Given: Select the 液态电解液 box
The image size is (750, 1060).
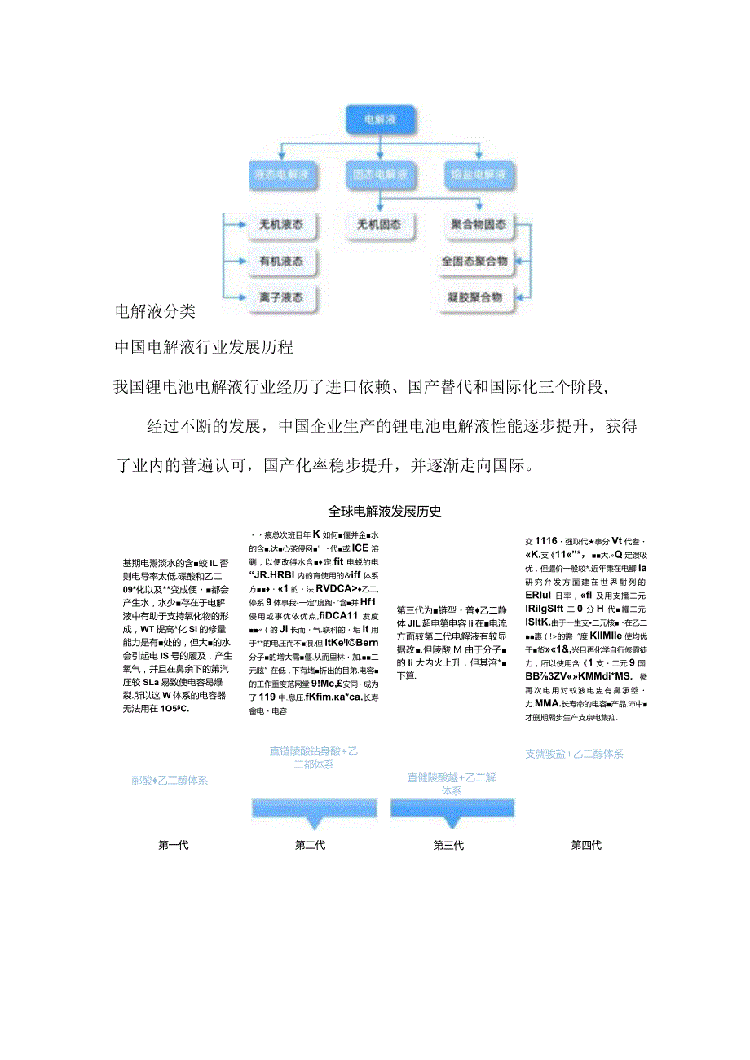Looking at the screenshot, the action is click(x=281, y=174).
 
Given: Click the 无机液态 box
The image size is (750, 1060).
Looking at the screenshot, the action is click(x=281, y=225).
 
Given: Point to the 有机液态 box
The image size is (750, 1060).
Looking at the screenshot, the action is click(x=281, y=262).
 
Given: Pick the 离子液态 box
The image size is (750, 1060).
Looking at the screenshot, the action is click(x=281, y=298).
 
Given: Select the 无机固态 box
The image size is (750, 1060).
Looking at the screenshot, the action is click(x=379, y=225).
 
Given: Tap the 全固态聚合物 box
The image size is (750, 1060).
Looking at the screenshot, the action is click(x=474, y=262).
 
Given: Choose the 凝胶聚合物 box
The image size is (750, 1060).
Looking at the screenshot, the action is click(x=474, y=298).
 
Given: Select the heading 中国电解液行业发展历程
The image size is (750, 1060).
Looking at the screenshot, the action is click(x=204, y=347).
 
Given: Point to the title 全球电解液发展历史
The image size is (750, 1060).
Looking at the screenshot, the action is click(x=384, y=512).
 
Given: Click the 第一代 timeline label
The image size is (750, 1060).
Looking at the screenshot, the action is click(x=174, y=846).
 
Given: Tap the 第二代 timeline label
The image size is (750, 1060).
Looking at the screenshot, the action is click(x=311, y=846).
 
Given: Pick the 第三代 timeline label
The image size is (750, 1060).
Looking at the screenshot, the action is click(x=448, y=846).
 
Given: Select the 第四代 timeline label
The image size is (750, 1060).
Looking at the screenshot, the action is click(x=586, y=846).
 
